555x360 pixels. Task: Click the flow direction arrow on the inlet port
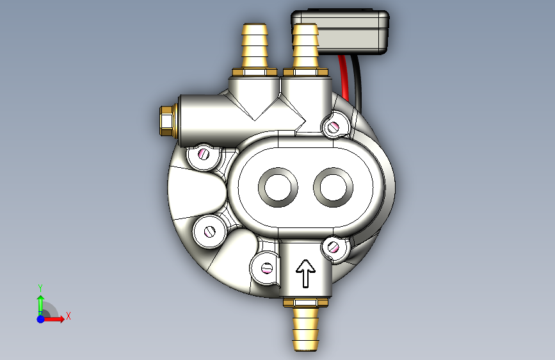(305, 274)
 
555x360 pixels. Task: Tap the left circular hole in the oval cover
(278, 187)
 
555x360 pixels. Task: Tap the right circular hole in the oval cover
(333, 188)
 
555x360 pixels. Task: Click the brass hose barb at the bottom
(305, 329)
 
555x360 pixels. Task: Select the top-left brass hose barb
(255, 45)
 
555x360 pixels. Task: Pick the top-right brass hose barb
(305, 45)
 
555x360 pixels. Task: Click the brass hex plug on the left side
(166, 121)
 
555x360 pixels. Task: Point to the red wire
(343, 76)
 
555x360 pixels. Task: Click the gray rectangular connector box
(341, 32)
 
